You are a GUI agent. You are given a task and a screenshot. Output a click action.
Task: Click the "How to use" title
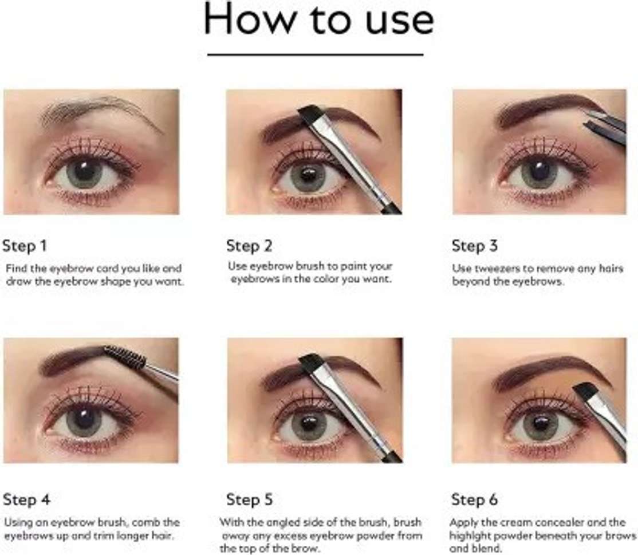pyautogui.click(x=318, y=19)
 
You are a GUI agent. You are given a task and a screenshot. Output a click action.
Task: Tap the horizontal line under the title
pyautogui.click(x=316, y=54)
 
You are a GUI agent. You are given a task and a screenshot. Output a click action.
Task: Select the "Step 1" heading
pyautogui.click(x=25, y=246)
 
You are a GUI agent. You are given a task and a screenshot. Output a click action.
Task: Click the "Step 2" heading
pyautogui.click(x=249, y=246)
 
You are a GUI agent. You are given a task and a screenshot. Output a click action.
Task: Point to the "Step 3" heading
pyautogui.click(x=474, y=246)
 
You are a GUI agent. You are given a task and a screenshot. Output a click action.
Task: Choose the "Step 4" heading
pyautogui.click(x=26, y=499)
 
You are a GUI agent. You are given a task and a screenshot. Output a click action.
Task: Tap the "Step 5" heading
pyautogui.click(x=249, y=499)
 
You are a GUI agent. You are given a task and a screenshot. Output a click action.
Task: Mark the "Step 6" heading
pyautogui.click(x=474, y=499)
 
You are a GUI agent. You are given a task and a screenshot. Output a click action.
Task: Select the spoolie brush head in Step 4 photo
pyautogui.click(x=124, y=357)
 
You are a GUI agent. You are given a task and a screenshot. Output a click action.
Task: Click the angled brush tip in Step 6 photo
pyautogui.click(x=585, y=391)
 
